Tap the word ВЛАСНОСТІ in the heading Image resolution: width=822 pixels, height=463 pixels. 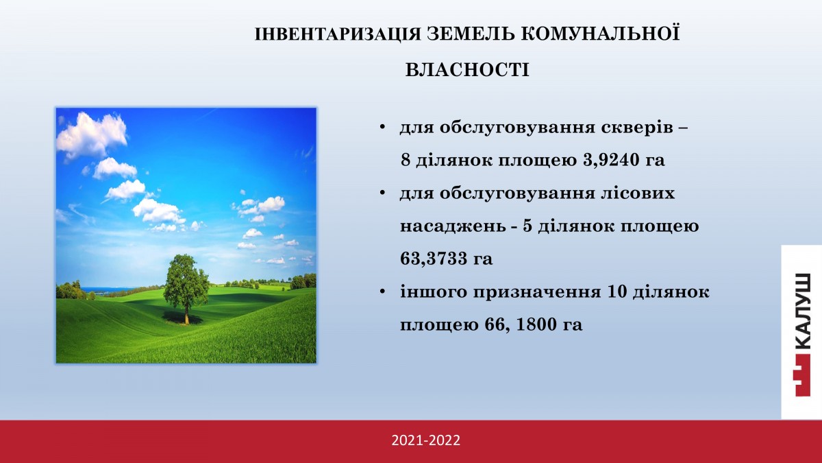coord(467,70)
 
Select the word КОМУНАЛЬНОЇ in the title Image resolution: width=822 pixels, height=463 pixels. coord(600,33)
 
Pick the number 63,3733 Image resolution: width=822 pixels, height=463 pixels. coord(433,259)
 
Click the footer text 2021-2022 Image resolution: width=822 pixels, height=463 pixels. coord(425,440)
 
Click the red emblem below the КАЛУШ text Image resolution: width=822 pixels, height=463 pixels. coord(801,375)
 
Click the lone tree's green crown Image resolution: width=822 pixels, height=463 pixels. coord(186,281)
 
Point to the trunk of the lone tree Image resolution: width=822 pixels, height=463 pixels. coord(187,316)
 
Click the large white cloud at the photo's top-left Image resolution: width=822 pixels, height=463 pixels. coord(92,135)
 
